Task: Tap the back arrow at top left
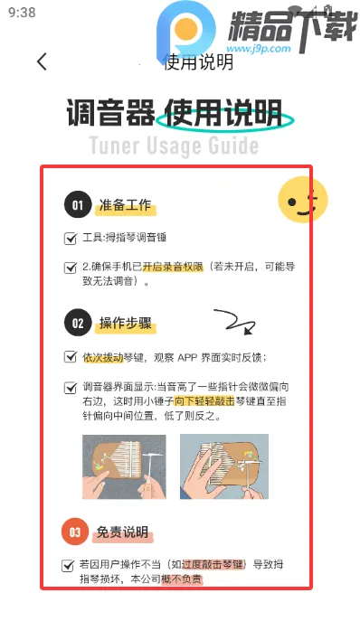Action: [42, 61]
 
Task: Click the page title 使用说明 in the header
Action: [198, 61]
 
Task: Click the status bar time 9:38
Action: [21, 13]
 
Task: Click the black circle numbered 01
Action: [77, 206]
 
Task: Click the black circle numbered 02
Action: [77, 322]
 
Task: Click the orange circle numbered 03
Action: [77, 532]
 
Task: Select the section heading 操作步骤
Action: [127, 323]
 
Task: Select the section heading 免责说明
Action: [123, 532]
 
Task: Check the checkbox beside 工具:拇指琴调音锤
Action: [71, 239]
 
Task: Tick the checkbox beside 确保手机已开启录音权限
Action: [71, 268]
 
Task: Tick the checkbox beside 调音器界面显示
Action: [71, 387]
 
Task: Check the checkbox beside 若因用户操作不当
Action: [69, 565]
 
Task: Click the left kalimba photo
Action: [124, 466]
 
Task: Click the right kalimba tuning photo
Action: [223, 466]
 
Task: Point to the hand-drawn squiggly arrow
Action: [232, 322]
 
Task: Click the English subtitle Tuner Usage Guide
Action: [174, 146]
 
